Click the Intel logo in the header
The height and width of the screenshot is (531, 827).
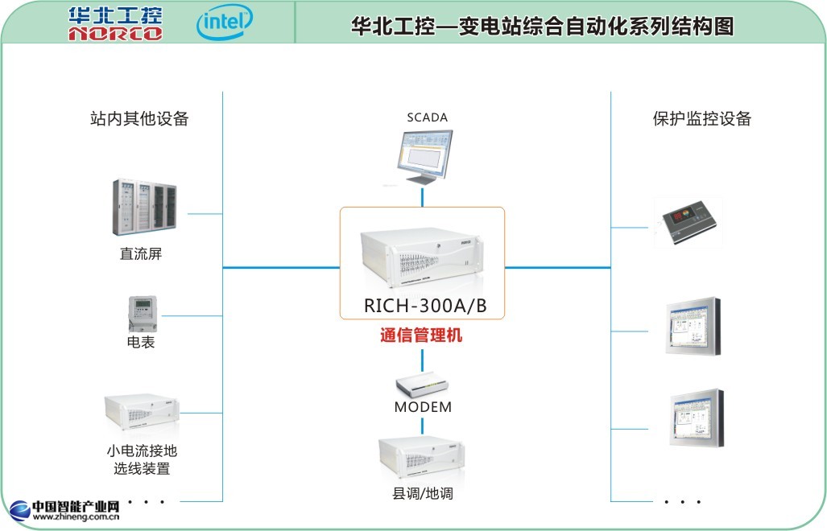pyautogui.click(x=225, y=23)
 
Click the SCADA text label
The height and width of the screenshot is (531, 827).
pyautogui.click(x=427, y=117)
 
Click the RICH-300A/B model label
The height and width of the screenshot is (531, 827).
pyautogui.click(x=425, y=306)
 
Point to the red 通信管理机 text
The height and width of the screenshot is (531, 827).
pyautogui.click(x=421, y=335)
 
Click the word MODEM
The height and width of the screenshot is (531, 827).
pyautogui.click(x=423, y=407)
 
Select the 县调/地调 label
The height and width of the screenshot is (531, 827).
pyautogui.click(x=423, y=493)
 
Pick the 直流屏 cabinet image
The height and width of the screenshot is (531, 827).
pyautogui.click(x=143, y=209)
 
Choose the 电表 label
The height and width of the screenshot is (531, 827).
pyautogui.click(x=141, y=343)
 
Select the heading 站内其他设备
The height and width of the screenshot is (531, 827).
pyautogui.click(x=140, y=119)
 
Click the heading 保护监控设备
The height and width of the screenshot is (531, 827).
pyautogui.click(x=701, y=119)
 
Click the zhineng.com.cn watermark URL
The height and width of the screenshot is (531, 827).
pyautogui.click(x=76, y=518)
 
